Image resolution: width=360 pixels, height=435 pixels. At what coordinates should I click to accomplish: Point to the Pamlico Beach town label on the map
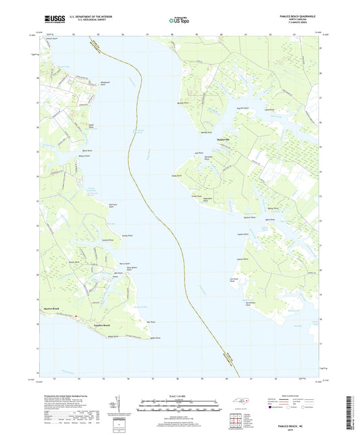click(x=92, y=325)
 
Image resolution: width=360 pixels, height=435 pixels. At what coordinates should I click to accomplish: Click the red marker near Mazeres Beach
click(x=76, y=315)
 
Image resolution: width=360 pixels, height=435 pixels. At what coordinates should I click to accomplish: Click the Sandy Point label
click(x=178, y=175)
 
